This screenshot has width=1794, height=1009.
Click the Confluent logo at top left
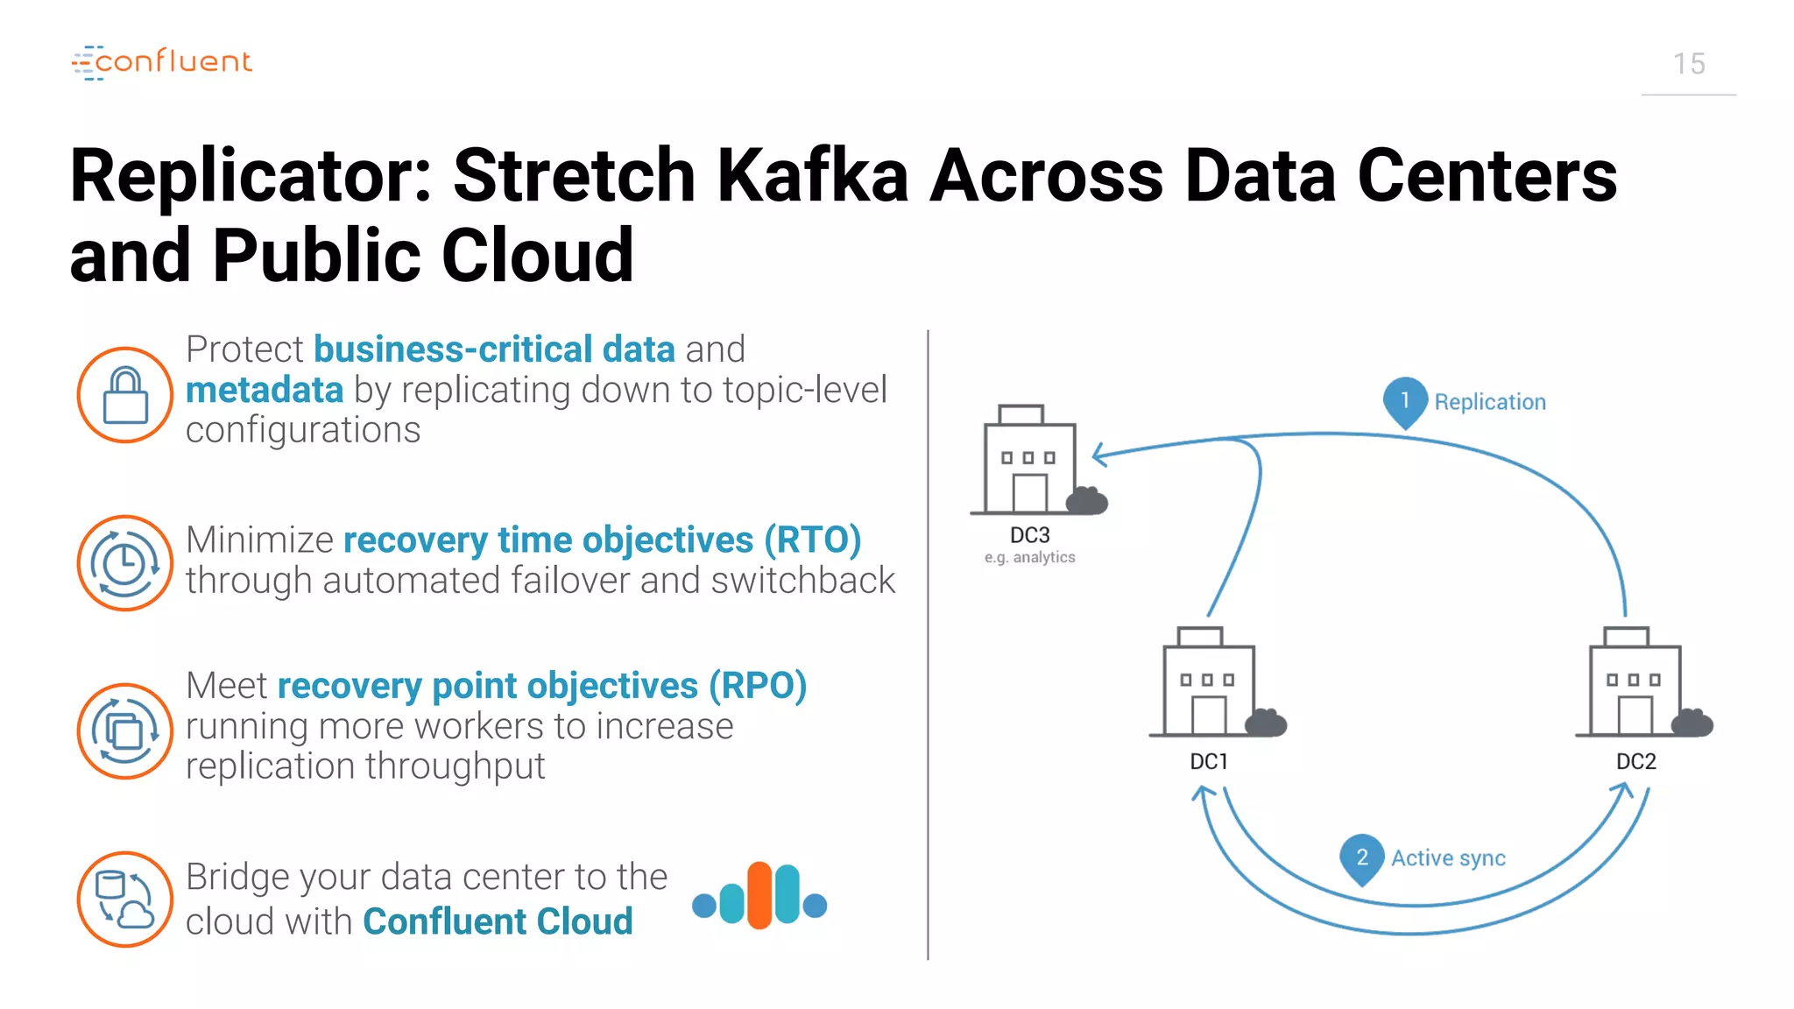point(162,62)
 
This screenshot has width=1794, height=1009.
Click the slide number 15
point(1689,64)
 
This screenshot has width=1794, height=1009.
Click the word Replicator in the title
point(251,176)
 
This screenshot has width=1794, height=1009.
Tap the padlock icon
point(125,395)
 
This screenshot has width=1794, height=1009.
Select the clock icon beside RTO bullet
point(125,563)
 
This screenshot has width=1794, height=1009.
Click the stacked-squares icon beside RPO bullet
point(125,731)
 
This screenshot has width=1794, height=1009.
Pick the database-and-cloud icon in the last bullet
point(125,900)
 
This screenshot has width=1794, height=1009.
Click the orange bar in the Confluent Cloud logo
point(759,895)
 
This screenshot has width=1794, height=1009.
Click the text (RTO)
point(812,540)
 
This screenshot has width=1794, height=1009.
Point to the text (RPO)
point(758,686)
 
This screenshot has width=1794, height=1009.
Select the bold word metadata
point(265,390)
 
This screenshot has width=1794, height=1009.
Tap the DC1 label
point(1209,762)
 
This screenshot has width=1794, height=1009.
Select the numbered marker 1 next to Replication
point(1405,400)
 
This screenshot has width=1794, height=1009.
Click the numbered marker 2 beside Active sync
point(1362,857)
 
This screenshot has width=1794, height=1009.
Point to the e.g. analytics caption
point(1029,557)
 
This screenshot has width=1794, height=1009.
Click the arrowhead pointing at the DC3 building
point(1099,455)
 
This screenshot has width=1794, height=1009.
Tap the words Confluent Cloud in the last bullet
point(498,921)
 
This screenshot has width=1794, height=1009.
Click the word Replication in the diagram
point(1489,402)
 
